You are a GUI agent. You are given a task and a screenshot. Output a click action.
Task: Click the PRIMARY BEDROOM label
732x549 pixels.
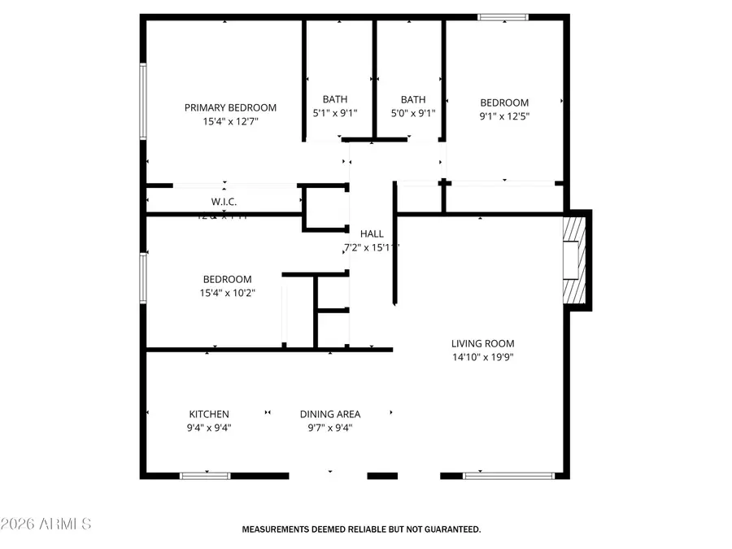[230, 107]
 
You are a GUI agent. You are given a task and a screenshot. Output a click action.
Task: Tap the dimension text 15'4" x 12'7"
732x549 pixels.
[230, 122]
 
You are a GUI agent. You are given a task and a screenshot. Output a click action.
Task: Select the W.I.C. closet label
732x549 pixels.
[224, 202]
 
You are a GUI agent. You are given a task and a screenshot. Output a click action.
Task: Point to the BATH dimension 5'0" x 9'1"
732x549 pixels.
[412, 114]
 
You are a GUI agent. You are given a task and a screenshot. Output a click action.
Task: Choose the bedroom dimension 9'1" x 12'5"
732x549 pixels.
[504, 115]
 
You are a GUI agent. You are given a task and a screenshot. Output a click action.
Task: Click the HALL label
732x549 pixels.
[373, 233]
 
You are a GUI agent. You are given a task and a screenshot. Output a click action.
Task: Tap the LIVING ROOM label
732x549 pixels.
[483, 343]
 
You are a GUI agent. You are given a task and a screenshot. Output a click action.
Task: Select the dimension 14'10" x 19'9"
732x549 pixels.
[483, 356]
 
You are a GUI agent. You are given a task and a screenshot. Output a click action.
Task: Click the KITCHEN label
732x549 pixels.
[209, 414]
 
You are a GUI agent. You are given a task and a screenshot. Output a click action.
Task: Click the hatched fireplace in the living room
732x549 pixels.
[575, 260]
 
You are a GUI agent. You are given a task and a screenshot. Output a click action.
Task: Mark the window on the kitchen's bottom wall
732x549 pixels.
[205, 475]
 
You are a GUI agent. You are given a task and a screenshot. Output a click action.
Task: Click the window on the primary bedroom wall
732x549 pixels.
[143, 102]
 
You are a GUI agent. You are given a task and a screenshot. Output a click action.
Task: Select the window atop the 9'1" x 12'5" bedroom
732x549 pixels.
[502, 17]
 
